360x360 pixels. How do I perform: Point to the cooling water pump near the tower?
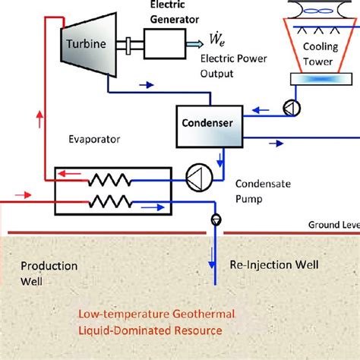288,109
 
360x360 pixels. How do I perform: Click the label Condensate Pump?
257,189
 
